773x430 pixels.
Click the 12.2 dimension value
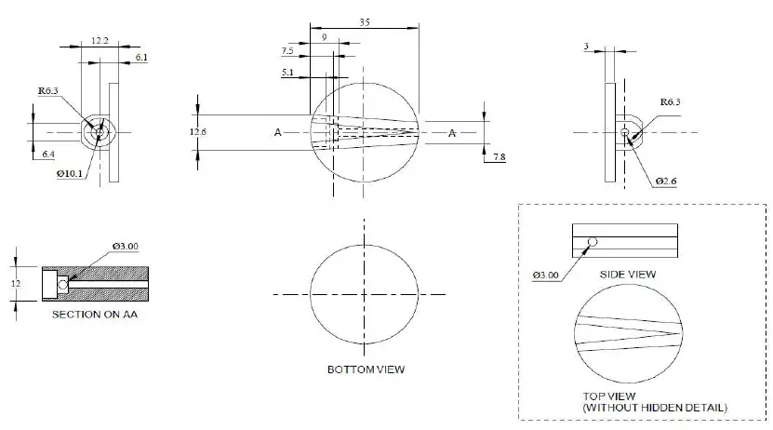[101, 40]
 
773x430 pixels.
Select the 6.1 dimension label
[140, 58]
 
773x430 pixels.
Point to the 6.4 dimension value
[47, 155]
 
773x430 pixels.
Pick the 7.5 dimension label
[287, 51]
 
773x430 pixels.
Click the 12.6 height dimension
[197, 132]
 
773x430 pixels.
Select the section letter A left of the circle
[277, 133]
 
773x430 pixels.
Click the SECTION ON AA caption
[88, 314]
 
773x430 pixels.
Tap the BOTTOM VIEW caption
[366, 370]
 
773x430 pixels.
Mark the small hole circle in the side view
[592, 241]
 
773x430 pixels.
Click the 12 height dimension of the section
[16, 283]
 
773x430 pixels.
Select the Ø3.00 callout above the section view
[126, 246]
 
